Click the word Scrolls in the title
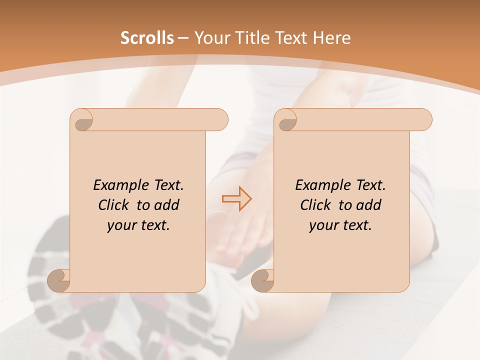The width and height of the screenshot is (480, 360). tap(147, 38)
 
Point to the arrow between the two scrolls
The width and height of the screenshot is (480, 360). tap(236, 198)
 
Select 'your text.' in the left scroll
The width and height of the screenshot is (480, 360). tap(138, 225)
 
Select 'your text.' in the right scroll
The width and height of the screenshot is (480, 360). tap(340, 225)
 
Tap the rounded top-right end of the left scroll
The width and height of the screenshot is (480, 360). tap(220, 119)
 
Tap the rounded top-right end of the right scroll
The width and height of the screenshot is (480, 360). tap(423, 119)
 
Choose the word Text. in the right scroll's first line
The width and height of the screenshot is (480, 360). tap(370, 185)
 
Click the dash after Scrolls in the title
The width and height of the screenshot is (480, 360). tap(183, 38)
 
